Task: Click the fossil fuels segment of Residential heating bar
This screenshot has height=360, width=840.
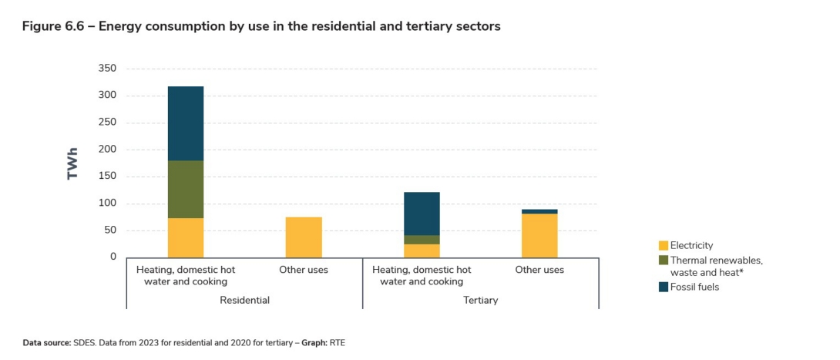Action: [x=186, y=123]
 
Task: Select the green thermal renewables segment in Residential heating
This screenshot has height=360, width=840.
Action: [x=186, y=190]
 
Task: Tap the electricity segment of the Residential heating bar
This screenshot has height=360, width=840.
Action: [x=186, y=237]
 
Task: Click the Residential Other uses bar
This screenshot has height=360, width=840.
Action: [x=304, y=237]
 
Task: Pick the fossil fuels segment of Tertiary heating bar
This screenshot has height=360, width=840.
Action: [x=422, y=214]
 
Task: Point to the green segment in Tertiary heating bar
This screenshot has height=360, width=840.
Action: [x=422, y=240]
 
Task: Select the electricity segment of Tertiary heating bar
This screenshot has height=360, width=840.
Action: [x=422, y=251]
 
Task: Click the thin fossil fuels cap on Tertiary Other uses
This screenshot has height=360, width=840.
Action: [x=539, y=211]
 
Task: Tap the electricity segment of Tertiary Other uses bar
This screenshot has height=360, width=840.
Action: [x=539, y=236]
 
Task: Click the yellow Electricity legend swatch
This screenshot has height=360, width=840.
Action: [x=664, y=246]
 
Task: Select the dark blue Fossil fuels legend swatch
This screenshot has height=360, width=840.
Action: [x=664, y=288]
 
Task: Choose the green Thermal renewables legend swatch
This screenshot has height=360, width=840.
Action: [x=664, y=261]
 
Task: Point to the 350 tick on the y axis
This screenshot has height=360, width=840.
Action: [x=107, y=69]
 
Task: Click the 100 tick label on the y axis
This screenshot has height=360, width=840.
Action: [x=107, y=204]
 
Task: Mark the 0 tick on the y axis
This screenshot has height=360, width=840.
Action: [x=113, y=257]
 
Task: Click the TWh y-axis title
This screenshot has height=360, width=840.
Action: [x=73, y=163]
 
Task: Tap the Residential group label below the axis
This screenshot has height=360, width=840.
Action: [x=244, y=300]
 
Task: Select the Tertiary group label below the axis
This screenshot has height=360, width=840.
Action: [x=480, y=300]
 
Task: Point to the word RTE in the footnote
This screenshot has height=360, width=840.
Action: [x=337, y=341]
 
